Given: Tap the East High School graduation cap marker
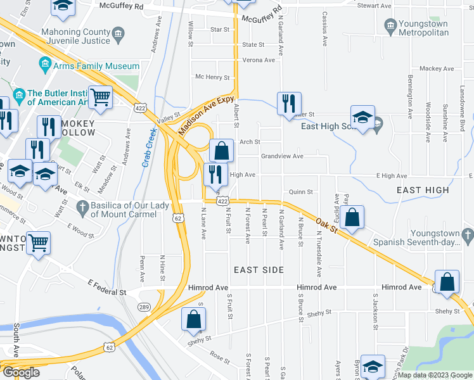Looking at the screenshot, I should [x=362, y=118].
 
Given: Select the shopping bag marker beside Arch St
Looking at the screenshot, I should [x=221, y=151].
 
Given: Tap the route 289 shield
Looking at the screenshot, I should [x=143, y=306].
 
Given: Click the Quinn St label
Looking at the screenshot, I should [x=301, y=192].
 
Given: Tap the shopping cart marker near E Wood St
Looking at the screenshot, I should [x=39, y=243].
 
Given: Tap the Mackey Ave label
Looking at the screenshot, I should [x=437, y=68].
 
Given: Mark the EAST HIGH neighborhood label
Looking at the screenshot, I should [x=423, y=190].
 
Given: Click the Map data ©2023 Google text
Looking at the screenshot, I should [x=434, y=375].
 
